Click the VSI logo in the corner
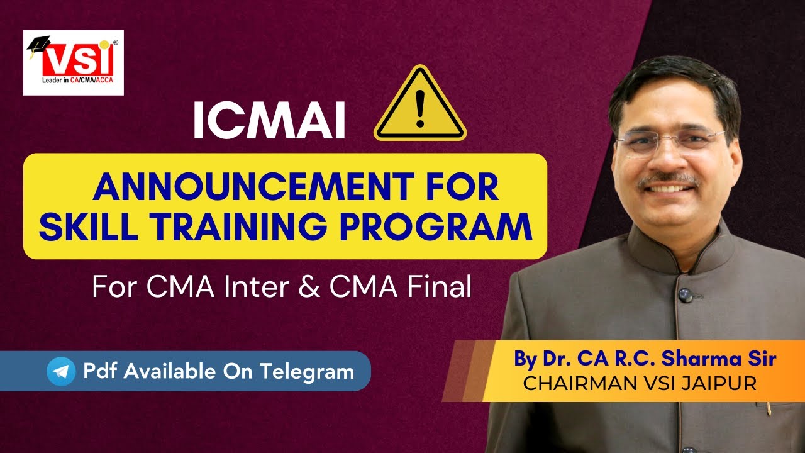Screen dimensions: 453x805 (74, 63)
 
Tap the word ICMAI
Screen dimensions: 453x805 (269, 121)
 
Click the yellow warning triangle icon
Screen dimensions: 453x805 (419, 106)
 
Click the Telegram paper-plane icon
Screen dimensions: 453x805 (61, 372)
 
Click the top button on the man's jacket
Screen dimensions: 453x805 (684, 294)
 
